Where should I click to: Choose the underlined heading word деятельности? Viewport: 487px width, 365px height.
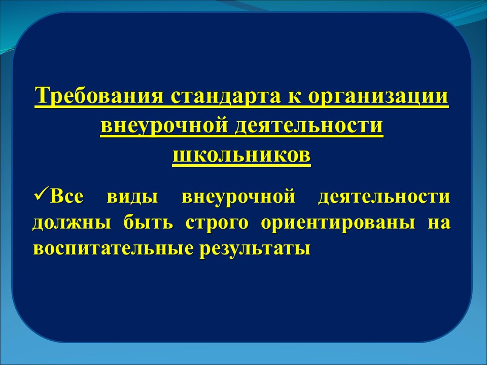[x=308, y=126]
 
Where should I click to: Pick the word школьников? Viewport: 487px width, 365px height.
[x=241, y=155]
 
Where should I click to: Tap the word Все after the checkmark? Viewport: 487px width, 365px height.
[x=65, y=197]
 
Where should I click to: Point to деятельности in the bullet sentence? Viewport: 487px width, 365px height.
[x=384, y=197]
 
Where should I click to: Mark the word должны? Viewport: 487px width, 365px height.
[x=72, y=223]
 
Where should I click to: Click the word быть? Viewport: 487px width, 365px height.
[x=148, y=223]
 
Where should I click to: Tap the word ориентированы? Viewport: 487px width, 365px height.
[x=338, y=224]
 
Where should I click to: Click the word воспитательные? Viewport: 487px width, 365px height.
[x=113, y=248]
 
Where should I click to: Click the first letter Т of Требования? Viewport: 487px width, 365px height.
[x=42, y=95]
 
